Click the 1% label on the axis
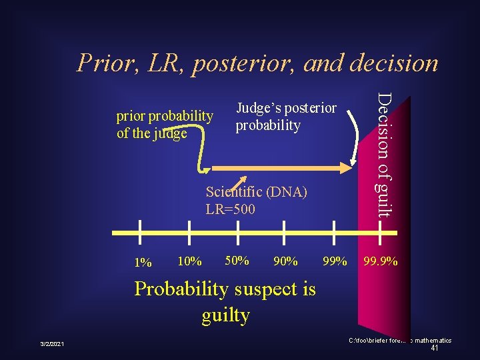click(x=143, y=262)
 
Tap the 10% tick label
click(x=190, y=261)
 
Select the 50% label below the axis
click(x=237, y=260)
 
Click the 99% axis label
click(x=335, y=261)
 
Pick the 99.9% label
click(x=381, y=261)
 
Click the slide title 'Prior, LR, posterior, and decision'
click(x=257, y=63)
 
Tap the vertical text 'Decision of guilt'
click(x=382, y=154)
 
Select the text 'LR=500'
click(x=231, y=209)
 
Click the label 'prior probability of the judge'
click(x=165, y=124)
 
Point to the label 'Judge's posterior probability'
click(x=286, y=116)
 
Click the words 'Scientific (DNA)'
click(x=256, y=192)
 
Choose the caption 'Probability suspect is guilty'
click(x=225, y=301)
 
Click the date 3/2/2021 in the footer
click(x=51, y=344)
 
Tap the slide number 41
click(x=434, y=348)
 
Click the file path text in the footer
click(x=399, y=341)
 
